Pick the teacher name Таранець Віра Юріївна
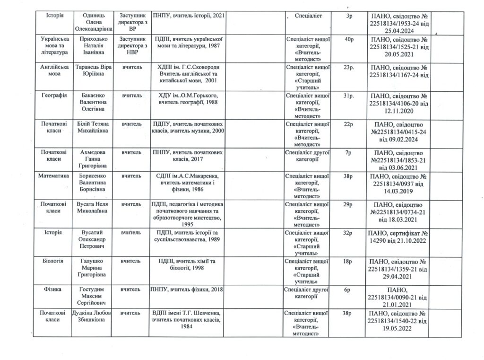91,70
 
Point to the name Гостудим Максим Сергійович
91,295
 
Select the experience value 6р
350,289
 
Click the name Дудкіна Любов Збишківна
91,316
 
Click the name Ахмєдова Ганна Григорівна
91,159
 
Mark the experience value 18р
350,261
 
